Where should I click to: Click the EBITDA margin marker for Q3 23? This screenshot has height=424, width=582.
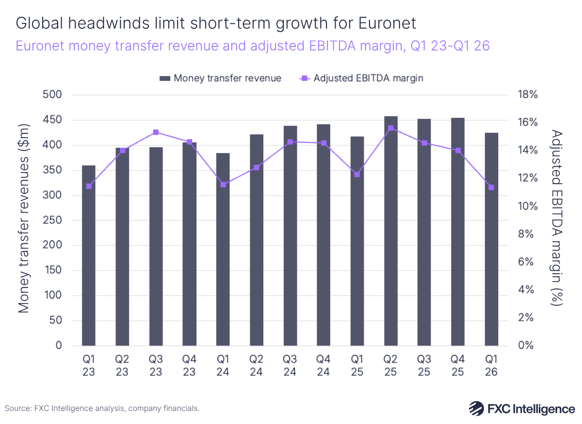pos(156,132)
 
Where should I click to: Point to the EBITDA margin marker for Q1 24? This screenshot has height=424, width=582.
pos(223,185)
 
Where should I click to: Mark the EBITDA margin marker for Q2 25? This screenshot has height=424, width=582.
pos(391,128)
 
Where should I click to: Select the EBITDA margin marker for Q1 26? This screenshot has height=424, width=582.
pos(491,187)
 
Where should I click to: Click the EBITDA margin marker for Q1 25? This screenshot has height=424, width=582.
pos(357,174)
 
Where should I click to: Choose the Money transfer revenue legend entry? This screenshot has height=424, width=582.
pos(221,78)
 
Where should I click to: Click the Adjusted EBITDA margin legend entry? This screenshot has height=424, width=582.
pos(362,78)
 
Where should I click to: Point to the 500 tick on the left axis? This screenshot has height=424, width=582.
pos(52,94)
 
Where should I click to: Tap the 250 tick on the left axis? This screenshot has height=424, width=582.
pos(52,220)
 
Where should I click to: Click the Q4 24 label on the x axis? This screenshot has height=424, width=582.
pos(323,366)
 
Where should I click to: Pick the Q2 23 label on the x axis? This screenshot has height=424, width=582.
pos(122,366)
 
